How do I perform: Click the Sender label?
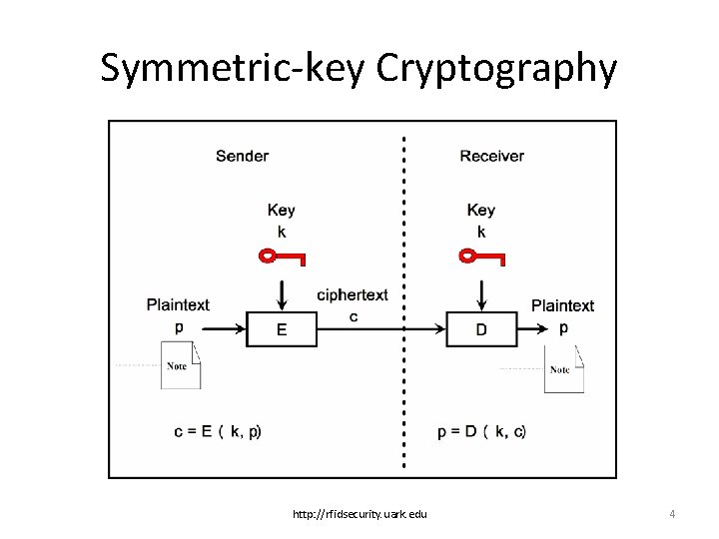pyautogui.click(x=242, y=156)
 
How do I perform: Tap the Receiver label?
pyautogui.click(x=491, y=156)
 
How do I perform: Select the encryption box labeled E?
pyautogui.click(x=282, y=329)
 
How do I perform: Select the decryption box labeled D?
pyautogui.click(x=481, y=329)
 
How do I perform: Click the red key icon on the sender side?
pyautogui.click(x=282, y=258)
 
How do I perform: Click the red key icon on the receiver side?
pyautogui.click(x=481, y=258)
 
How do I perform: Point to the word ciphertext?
pyautogui.click(x=352, y=295)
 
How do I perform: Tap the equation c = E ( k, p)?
pyautogui.click(x=218, y=431)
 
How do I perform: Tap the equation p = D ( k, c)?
pyautogui.click(x=481, y=431)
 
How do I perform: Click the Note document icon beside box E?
pyautogui.click(x=181, y=365)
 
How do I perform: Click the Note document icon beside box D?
pyautogui.click(x=563, y=369)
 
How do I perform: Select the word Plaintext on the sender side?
pyautogui.click(x=178, y=305)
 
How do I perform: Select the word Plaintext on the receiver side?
pyautogui.click(x=562, y=305)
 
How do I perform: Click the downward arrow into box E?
pyautogui.click(x=282, y=293)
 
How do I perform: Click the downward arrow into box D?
pyautogui.click(x=481, y=293)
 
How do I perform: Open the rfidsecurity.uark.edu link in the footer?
pyautogui.click(x=359, y=514)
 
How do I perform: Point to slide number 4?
pyautogui.click(x=672, y=514)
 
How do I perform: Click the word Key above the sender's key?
pyautogui.click(x=282, y=210)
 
